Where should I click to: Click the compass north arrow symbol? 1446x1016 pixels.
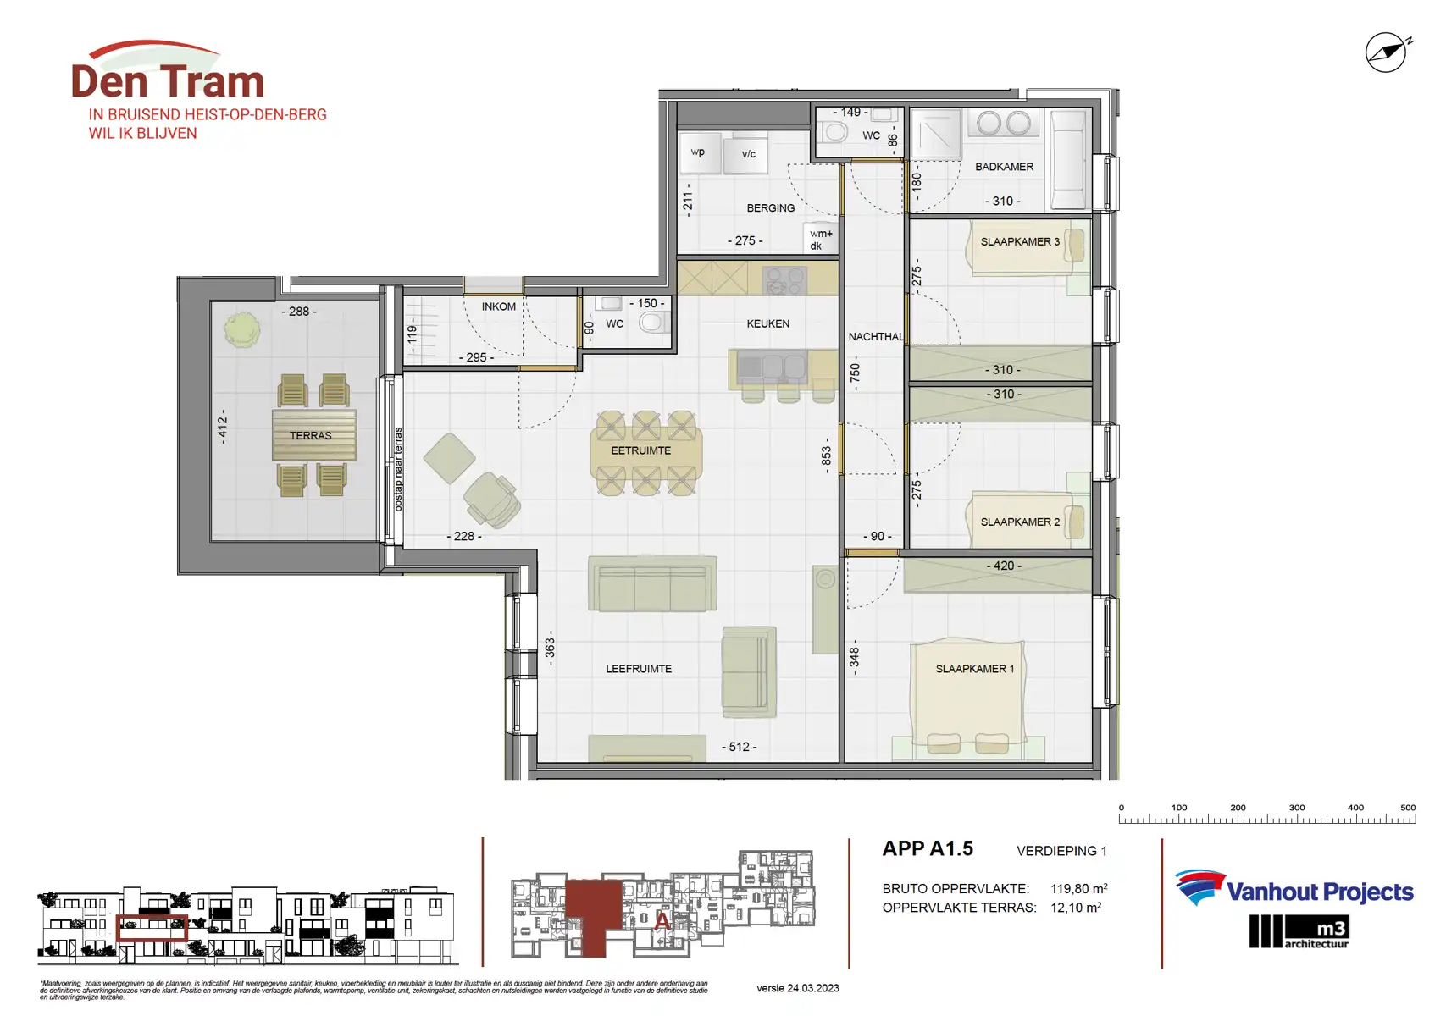1387,52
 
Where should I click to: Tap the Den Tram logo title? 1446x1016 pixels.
168,81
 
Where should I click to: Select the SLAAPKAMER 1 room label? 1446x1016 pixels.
974,669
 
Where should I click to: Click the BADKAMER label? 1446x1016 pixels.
1004,167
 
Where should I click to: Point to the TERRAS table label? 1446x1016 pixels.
311,435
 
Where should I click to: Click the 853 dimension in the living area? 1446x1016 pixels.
827,456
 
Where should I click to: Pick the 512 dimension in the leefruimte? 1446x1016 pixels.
739,747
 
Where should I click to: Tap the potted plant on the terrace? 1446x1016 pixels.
242,329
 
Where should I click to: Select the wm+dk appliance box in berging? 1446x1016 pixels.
820,240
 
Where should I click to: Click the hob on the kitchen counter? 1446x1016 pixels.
784,279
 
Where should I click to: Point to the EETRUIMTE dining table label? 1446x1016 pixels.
641,450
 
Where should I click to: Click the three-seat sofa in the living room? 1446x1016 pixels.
652,584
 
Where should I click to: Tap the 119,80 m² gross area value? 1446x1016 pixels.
1078,889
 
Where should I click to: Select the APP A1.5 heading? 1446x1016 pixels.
928,848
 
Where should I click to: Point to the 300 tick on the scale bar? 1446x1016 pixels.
1296,808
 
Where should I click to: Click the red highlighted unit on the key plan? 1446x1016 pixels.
594,914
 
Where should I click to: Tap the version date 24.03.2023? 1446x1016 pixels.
797,988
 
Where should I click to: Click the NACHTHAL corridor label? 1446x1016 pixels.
875,337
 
